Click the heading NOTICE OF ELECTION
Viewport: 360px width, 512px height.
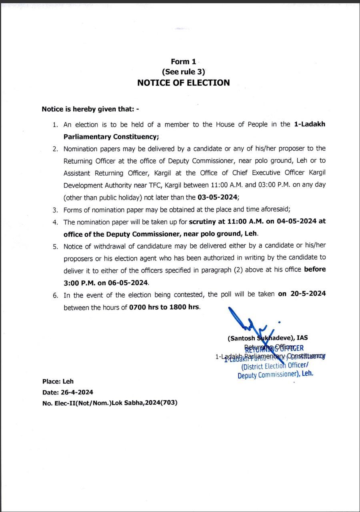point(184,83)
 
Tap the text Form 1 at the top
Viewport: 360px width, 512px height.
point(184,62)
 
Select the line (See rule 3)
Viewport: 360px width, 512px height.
point(184,72)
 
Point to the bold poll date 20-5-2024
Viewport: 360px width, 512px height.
point(302,294)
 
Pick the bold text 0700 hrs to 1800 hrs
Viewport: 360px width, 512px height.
point(164,308)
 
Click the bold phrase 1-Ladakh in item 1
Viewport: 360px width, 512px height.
point(310,124)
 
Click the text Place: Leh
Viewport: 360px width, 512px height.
point(58,382)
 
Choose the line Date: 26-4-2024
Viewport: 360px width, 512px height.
point(68,392)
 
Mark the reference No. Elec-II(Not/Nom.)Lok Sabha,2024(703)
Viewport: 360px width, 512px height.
point(110,403)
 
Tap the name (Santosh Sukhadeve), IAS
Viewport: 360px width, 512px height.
point(268,338)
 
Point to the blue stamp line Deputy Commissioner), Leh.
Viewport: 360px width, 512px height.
point(275,375)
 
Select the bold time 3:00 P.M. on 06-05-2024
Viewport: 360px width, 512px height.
point(106,283)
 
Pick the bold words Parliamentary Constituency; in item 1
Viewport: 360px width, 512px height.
point(111,137)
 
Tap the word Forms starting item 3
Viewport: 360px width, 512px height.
point(72,210)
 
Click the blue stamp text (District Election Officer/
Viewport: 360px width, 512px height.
point(274,365)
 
